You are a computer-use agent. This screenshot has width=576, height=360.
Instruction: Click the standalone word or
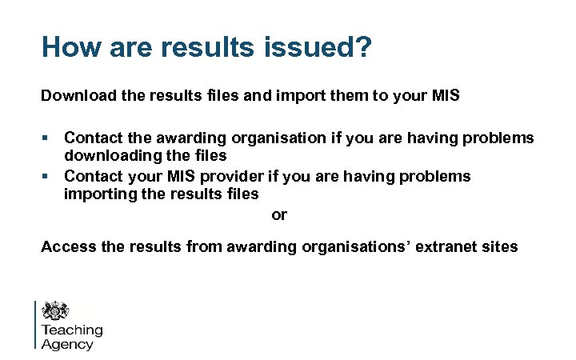pos(279,214)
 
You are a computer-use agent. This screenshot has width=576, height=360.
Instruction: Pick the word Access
pos(68,246)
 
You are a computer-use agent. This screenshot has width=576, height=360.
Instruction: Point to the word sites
pos(499,246)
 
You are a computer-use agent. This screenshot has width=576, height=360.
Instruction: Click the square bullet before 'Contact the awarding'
pos(46,138)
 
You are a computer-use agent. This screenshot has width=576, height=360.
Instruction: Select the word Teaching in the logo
pos(72,330)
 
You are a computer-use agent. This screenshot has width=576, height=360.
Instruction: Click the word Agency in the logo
pos(67,345)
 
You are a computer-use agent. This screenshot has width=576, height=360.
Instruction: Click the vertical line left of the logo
pos(36,325)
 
